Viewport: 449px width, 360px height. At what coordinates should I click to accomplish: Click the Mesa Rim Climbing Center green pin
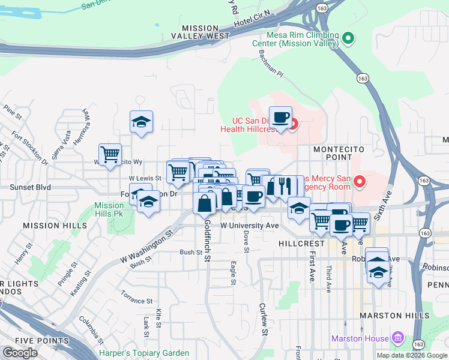click(349, 40)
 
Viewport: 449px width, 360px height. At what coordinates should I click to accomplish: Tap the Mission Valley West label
click(205, 32)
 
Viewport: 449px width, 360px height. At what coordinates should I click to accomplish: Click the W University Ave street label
click(250, 226)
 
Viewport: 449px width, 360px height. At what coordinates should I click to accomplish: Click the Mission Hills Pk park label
click(109, 209)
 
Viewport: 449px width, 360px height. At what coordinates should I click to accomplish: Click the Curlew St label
click(264, 319)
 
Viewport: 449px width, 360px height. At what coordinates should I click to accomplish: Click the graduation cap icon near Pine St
click(142, 122)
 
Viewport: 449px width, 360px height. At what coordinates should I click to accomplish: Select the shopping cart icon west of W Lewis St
click(110, 154)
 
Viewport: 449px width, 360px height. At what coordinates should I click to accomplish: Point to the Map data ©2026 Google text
click(412, 355)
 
